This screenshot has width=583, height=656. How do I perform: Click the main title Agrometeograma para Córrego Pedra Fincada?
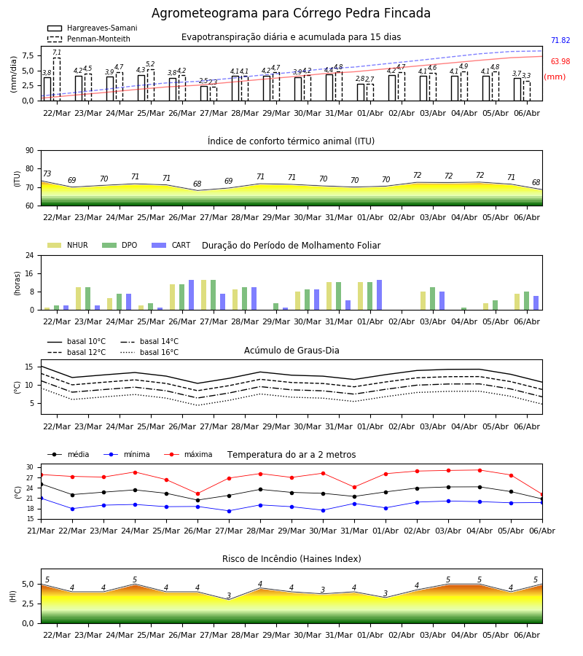point(291,13)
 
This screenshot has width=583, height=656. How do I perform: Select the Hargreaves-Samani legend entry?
point(93,28)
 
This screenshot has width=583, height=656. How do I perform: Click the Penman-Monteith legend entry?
point(89,39)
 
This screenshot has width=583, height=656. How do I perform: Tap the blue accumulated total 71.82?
point(560,41)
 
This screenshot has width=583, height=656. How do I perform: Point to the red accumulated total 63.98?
point(560,61)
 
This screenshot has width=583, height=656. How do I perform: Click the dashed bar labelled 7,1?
point(57,79)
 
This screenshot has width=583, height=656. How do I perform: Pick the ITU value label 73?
point(47,173)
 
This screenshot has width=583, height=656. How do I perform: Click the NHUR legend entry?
point(68,245)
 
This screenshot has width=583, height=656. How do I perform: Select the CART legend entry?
point(171,245)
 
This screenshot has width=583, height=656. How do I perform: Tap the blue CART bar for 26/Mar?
point(192,295)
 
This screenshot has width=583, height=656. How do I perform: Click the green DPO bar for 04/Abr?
point(463,309)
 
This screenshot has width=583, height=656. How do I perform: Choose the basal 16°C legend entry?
point(149,352)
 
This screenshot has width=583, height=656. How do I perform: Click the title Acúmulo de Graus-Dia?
point(291,351)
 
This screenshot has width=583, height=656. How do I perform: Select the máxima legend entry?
point(189,454)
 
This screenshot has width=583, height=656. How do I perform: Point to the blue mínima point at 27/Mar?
point(229,511)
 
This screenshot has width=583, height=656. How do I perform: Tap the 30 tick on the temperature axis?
point(30,467)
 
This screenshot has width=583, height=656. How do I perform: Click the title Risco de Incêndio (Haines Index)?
point(291,559)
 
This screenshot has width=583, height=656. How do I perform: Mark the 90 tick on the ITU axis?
point(30,151)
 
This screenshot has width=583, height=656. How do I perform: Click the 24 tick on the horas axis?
point(30,255)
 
